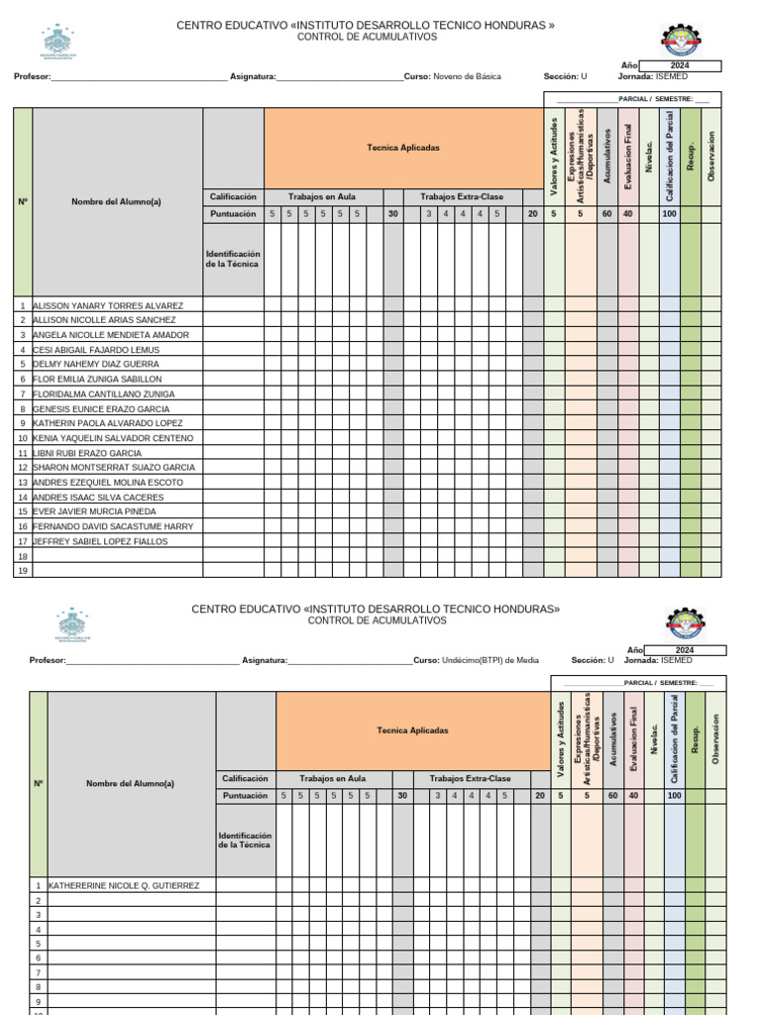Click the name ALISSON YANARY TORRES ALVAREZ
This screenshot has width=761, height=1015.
[108, 306]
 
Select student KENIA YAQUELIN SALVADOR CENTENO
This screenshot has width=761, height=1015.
[113, 438]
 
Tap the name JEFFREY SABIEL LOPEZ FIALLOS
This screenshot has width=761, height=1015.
[100, 542]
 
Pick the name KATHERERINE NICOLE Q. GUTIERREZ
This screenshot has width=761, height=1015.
[124, 885]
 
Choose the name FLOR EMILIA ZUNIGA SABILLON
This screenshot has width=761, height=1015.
[97, 380]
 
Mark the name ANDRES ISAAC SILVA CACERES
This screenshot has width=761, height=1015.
[98, 498]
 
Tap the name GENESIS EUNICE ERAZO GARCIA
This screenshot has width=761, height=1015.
[101, 408]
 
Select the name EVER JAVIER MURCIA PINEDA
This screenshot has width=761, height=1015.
[94, 511]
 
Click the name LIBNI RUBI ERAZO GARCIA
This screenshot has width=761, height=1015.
[87, 453]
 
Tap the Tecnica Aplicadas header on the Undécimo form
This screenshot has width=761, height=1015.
[412, 731]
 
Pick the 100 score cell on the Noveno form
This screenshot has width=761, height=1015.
[670, 214]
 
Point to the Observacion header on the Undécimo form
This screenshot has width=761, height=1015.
[716, 738]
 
